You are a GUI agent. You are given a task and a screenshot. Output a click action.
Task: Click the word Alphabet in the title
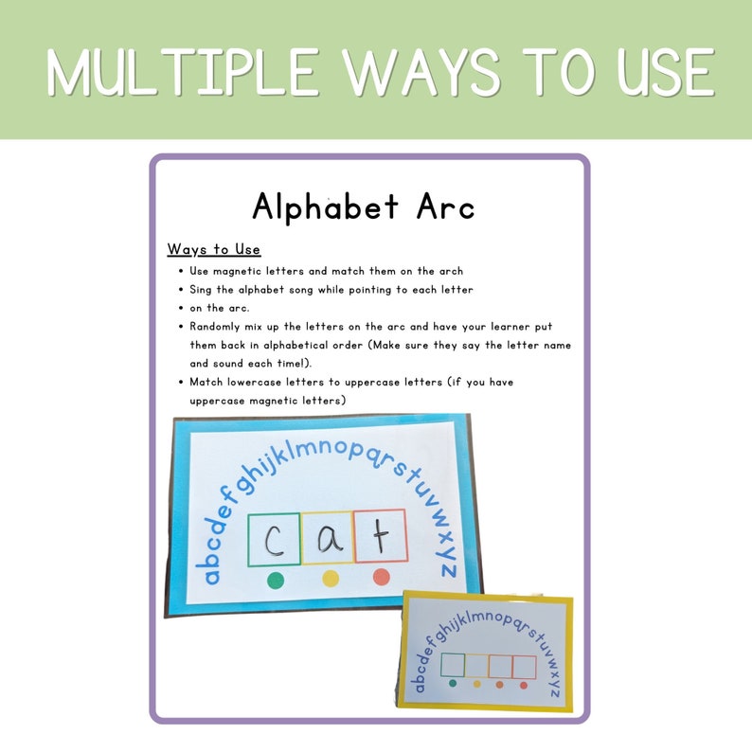[x=323, y=206]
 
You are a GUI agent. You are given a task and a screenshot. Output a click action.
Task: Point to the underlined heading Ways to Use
[x=213, y=250]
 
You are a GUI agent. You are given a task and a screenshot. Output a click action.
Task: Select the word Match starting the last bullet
[x=207, y=383]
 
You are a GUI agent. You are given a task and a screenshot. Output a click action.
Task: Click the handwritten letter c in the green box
[x=274, y=539]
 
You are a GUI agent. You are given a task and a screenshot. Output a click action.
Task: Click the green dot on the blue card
[x=276, y=580]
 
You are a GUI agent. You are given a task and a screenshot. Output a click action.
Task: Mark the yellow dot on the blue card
[x=330, y=579]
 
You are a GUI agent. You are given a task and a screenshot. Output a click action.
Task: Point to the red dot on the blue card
[x=382, y=577]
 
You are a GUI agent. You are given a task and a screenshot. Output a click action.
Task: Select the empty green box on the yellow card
[x=454, y=665]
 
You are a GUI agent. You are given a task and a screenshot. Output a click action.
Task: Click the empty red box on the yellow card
[x=524, y=667]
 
